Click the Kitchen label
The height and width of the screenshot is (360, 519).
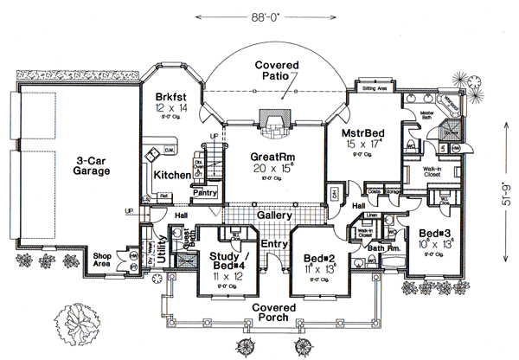coord(172,176)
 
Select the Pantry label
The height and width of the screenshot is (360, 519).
coord(204,193)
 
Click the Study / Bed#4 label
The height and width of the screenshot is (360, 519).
coord(227,260)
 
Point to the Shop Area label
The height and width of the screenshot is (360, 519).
coord(106,260)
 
